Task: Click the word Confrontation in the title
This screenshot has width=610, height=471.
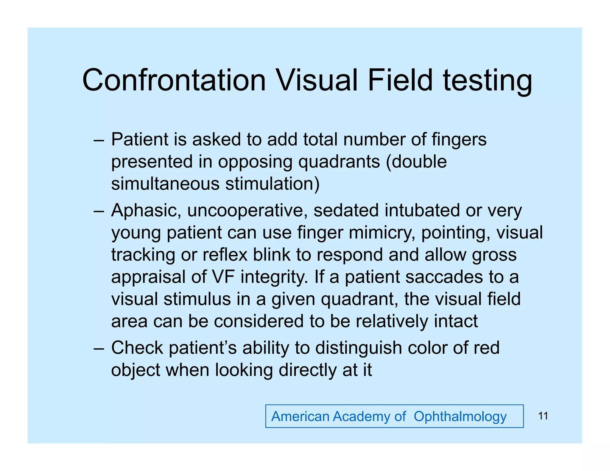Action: coord(174,80)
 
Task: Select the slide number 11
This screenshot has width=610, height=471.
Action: coord(543,416)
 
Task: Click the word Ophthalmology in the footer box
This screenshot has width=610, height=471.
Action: coord(460,417)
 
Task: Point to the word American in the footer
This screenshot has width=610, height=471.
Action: coord(300,416)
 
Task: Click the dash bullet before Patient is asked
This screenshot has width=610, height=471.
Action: coord(99,140)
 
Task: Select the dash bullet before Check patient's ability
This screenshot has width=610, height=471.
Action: coord(99,348)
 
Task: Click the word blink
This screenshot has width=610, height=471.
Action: coord(271,255)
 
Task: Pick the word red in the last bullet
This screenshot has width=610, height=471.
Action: coord(486,348)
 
